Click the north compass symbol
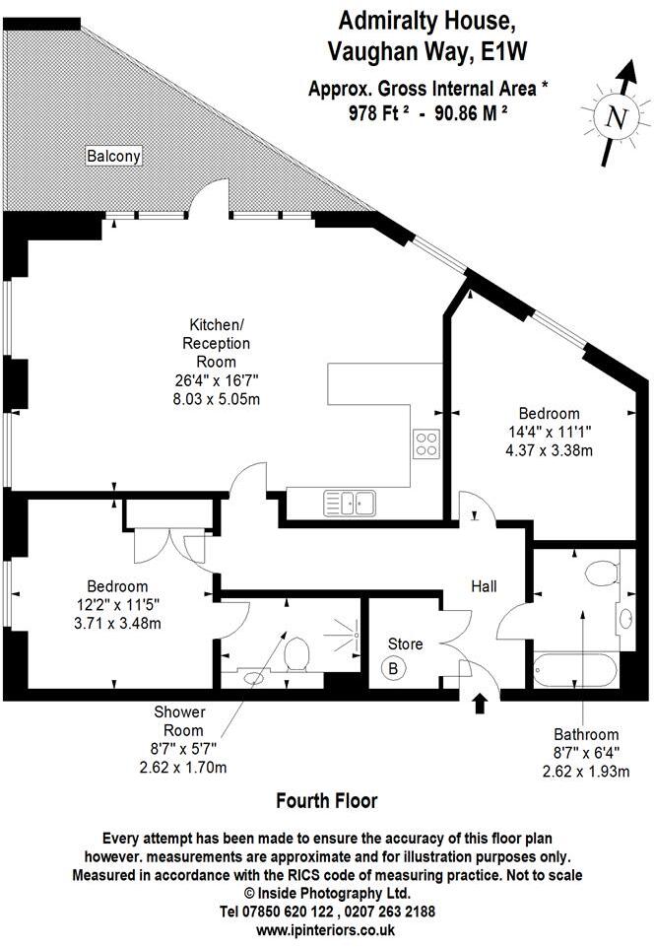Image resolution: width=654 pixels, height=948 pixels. pos(617,118)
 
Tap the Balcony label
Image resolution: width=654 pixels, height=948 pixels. pos(114,156)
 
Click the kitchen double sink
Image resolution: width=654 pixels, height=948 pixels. pos(350,504)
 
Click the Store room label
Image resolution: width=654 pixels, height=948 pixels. pos(404,644)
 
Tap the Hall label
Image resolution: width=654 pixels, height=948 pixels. pos(483,586)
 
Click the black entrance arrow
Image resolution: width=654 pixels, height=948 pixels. pos(481,704)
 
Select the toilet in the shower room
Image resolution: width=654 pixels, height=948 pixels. pos(294,651)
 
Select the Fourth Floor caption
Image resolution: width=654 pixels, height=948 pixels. pos(326,800)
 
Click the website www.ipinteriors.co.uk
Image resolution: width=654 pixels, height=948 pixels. pos(326,929)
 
